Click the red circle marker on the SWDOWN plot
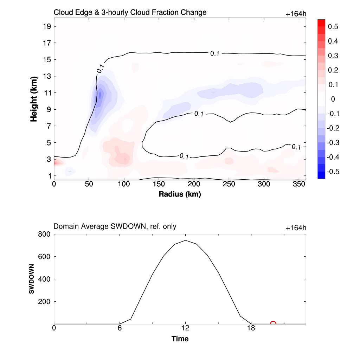coord(273,324)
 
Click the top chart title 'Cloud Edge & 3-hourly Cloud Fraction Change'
coord(130,13)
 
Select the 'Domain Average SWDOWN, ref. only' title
coord(115,227)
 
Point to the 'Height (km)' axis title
coord(34,99)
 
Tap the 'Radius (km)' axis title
coord(180,194)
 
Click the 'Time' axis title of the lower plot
coord(180,339)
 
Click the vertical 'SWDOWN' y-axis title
coord(31,279)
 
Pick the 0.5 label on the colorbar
coord(333,27)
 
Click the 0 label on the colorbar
coord(333,99)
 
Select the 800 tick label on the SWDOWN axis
coord(44,234)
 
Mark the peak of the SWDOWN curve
coord(185,240)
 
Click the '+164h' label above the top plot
coord(296,14)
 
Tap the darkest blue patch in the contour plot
coord(100,95)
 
